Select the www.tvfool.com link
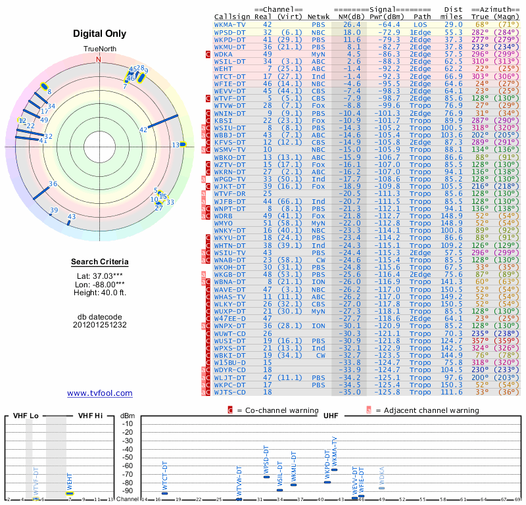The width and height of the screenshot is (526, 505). click(x=100, y=393)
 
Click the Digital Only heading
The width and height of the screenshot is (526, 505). click(x=100, y=34)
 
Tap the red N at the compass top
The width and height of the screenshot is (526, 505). click(x=99, y=59)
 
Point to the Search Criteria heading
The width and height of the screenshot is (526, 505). click(x=100, y=262)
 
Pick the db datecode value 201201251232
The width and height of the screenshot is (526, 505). click(x=100, y=325)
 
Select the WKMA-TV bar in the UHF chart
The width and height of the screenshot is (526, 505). click(x=334, y=469)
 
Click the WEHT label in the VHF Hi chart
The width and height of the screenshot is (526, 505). click(x=70, y=481)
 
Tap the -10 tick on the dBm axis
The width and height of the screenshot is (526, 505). click(x=128, y=423)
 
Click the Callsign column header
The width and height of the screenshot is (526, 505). click(x=232, y=16)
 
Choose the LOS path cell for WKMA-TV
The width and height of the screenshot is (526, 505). click(x=420, y=24)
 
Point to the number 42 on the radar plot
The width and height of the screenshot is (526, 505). click(x=143, y=130)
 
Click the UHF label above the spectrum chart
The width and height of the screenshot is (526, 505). click(x=330, y=416)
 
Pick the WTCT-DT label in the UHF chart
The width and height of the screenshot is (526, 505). click(x=165, y=475)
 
